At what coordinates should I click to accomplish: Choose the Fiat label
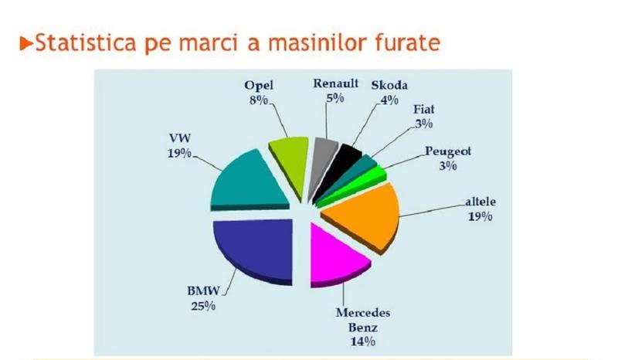(424, 110)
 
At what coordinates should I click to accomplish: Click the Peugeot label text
(447, 151)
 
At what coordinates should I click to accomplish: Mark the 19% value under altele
(479, 216)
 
